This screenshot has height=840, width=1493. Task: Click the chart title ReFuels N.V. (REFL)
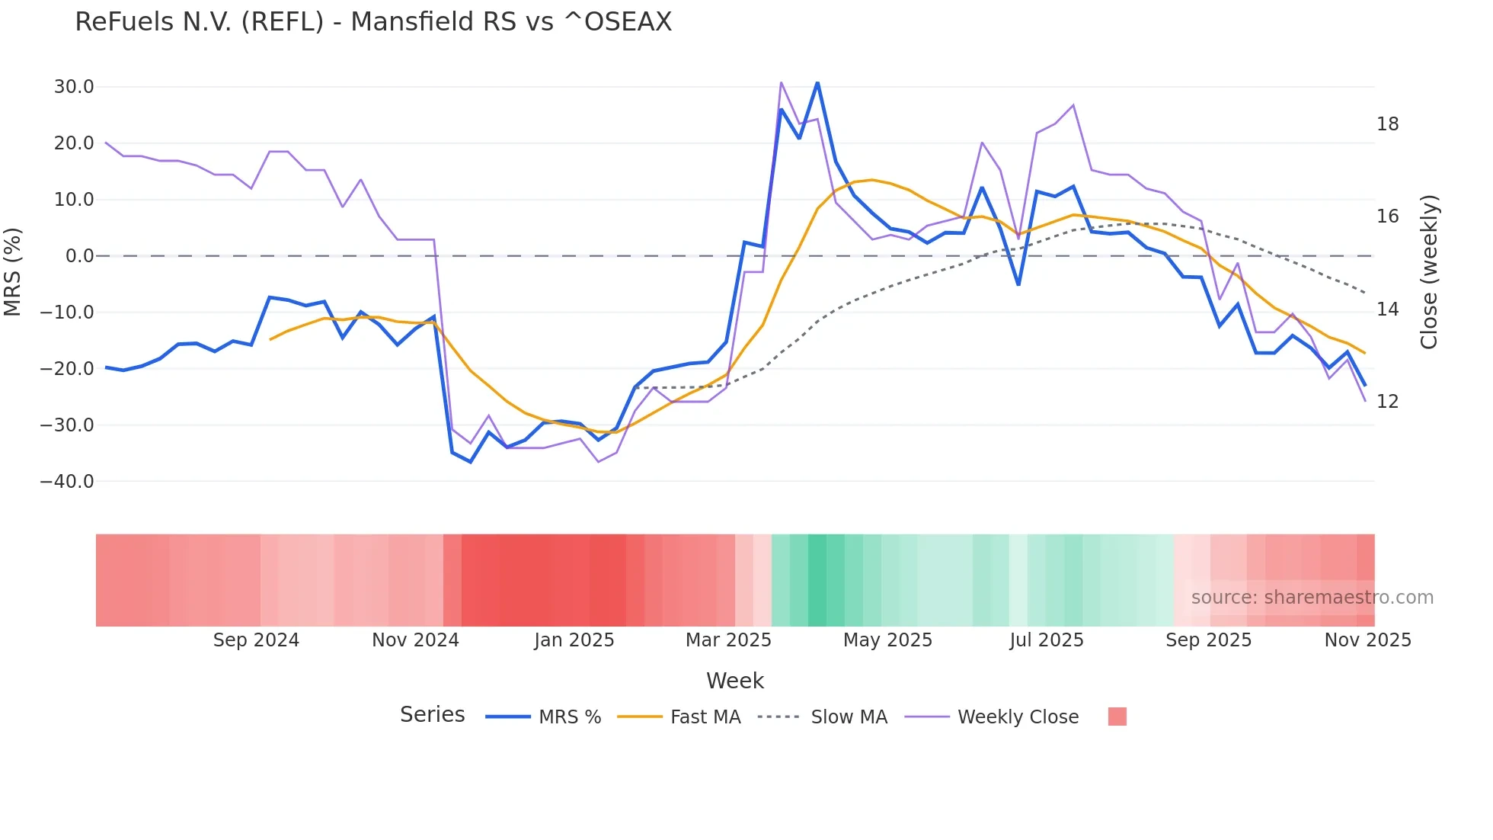pos(373,22)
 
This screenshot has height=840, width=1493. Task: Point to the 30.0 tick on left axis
pos(74,87)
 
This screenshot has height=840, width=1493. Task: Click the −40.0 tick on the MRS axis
pos(67,482)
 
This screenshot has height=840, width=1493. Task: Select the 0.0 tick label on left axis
pos(79,256)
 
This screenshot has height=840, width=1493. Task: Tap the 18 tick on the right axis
pos(1387,124)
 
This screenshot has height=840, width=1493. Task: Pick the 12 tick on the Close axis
pos(1387,402)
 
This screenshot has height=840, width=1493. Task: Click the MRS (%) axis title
pos(13,272)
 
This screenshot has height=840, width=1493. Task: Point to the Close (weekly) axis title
pos(1428,272)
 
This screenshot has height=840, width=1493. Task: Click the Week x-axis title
pos(734,681)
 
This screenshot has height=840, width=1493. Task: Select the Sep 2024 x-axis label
pos(256,640)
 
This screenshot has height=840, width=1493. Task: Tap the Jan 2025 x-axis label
pos(574,640)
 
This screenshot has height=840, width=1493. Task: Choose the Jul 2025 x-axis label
pos(1046,640)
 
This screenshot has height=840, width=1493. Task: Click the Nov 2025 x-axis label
pos(1367,640)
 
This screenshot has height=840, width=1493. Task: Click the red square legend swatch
pos(1117,717)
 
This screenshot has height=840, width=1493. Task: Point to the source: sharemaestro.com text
pos(1312,598)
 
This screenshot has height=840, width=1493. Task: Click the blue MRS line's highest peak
pos(817,82)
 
